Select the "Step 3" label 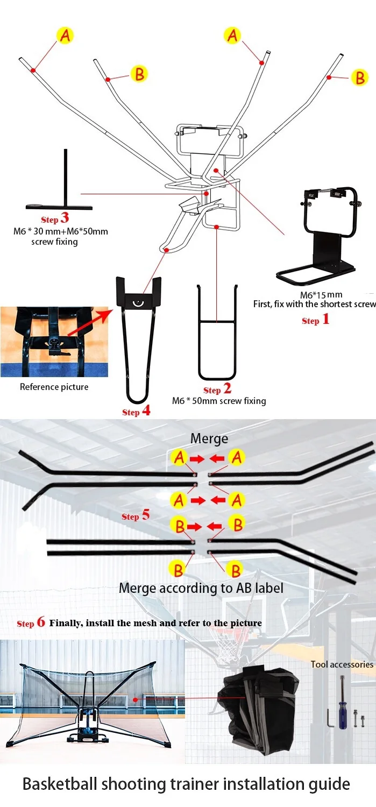55,219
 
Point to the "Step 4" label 136,412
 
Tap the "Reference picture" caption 54,387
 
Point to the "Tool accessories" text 342,664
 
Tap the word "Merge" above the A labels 209,439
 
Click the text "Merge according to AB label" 201,587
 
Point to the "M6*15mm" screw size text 321,295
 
